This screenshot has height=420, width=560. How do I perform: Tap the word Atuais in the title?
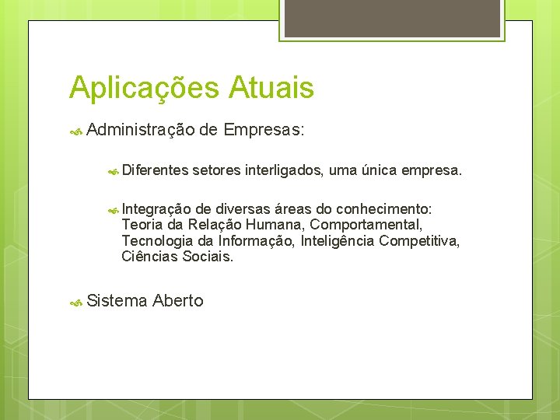pyautogui.click(x=271, y=87)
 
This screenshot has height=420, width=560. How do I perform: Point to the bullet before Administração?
pyautogui.click(x=76, y=131)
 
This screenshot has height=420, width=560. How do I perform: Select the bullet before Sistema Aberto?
pyautogui.click(x=76, y=302)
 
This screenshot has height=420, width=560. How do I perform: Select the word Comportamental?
pyautogui.click(x=366, y=225)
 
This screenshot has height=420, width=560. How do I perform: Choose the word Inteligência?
pyautogui.click(x=334, y=240)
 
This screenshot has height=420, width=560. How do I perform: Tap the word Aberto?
pyautogui.click(x=178, y=301)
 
